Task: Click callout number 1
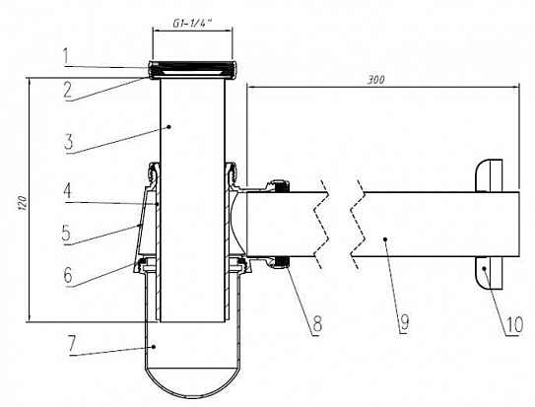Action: pyautogui.click(x=68, y=55)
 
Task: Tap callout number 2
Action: pyautogui.click(x=68, y=90)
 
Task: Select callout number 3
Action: pyautogui.click(x=69, y=141)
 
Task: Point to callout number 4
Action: pyautogui.click(x=68, y=190)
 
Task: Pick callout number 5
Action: pyautogui.click(x=67, y=234)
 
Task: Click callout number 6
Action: pyautogui.click(x=68, y=275)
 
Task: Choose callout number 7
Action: pyautogui.click(x=71, y=344)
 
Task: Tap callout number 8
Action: pyautogui.click(x=317, y=323)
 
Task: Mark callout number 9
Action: pyautogui.click(x=404, y=322)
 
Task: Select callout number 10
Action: pyautogui.click(x=514, y=324)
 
